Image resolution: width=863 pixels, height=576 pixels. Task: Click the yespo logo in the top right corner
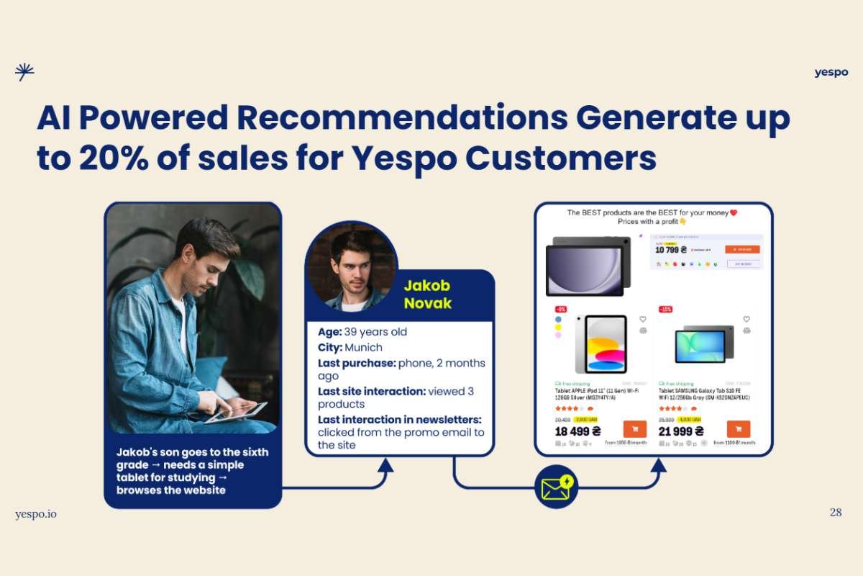(x=831, y=72)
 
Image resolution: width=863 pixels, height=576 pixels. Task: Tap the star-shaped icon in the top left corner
(x=24, y=71)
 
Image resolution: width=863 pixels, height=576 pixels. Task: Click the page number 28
(x=836, y=513)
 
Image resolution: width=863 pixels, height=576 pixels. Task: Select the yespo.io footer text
(x=36, y=513)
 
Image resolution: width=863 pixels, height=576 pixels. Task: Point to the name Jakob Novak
(x=428, y=294)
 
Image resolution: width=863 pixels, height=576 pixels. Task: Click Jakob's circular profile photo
(x=351, y=266)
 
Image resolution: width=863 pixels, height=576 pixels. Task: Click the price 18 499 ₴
(x=578, y=431)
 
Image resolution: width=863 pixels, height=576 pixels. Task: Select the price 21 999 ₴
(x=681, y=431)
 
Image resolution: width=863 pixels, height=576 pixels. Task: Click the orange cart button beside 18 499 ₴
(x=634, y=429)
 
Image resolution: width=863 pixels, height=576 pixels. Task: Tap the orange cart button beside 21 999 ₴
(x=739, y=429)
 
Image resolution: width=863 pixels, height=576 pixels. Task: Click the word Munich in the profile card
(x=364, y=347)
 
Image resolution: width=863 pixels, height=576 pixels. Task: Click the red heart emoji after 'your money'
(x=734, y=212)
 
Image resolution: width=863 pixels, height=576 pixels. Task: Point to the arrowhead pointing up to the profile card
(x=385, y=465)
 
